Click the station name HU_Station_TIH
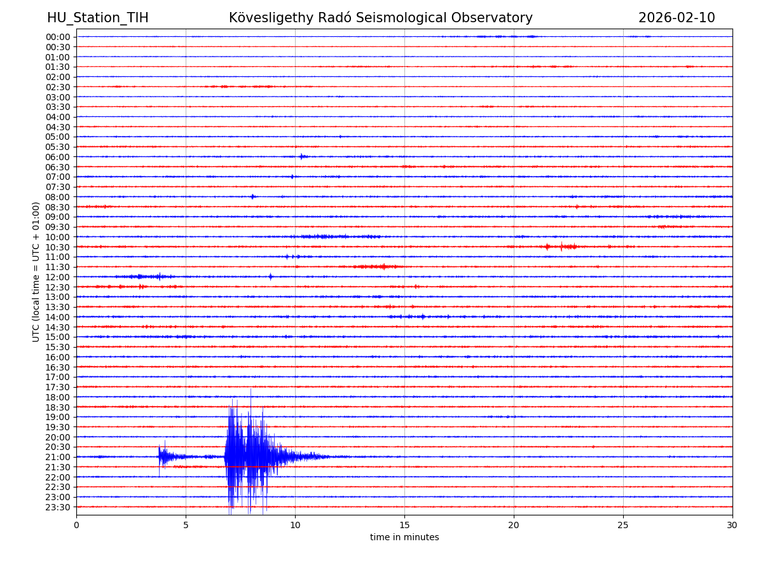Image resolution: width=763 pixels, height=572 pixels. point(97,18)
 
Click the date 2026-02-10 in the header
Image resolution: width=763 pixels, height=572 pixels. point(677,18)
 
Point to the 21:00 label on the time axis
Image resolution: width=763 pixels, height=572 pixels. point(58,457)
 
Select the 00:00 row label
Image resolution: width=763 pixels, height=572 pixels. point(58,37)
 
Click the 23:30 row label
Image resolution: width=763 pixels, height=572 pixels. point(58,507)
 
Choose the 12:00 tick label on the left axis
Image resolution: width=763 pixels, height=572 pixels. point(58,277)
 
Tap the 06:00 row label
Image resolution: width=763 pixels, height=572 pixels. point(58,157)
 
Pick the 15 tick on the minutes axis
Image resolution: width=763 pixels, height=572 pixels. point(404,525)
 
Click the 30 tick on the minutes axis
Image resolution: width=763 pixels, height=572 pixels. point(732,525)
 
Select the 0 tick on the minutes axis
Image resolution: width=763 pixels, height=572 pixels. point(76,525)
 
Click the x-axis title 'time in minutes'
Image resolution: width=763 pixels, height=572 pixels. point(404,538)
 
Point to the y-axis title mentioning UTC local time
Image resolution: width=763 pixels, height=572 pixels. point(36,272)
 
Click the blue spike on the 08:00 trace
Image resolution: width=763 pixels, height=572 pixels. point(252,196)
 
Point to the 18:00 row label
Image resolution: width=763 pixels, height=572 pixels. point(58,397)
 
